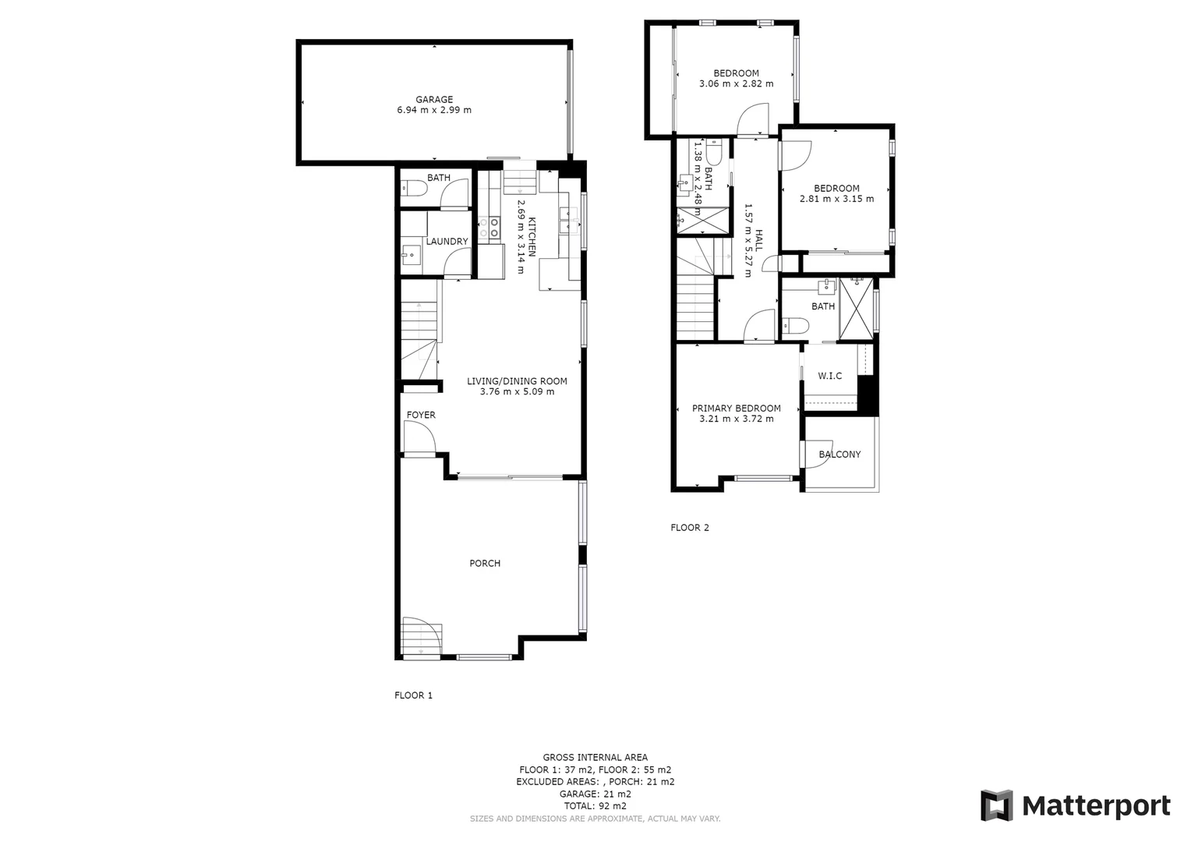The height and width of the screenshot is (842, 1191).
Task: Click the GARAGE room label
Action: pos(433,100)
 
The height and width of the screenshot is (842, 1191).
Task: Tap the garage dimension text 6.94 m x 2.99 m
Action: pos(433,111)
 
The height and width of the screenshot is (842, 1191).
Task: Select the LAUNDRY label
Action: pos(447,242)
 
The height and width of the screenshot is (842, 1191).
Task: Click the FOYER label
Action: pos(421,416)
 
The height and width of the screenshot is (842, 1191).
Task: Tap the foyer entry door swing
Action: pos(419,437)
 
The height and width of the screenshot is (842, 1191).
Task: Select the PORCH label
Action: pos(484,564)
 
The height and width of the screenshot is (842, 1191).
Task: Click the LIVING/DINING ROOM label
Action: pos(517,381)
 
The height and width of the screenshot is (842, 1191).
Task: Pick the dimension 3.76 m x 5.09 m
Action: pos(517,392)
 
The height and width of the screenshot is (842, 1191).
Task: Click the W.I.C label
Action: pos(829,377)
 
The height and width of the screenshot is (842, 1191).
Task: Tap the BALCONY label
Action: pos(839,455)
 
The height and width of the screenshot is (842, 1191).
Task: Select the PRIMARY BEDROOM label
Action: pos(736,409)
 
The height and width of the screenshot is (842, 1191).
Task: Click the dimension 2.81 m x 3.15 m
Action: pos(836,200)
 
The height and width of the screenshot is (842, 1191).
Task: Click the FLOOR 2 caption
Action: pos(690,528)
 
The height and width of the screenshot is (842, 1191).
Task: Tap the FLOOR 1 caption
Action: pos(413,695)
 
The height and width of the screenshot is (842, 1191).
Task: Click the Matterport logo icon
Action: pos(996,805)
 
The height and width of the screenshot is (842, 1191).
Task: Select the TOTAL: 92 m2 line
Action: pos(595,806)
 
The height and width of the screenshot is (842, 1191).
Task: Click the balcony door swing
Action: pos(817,454)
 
